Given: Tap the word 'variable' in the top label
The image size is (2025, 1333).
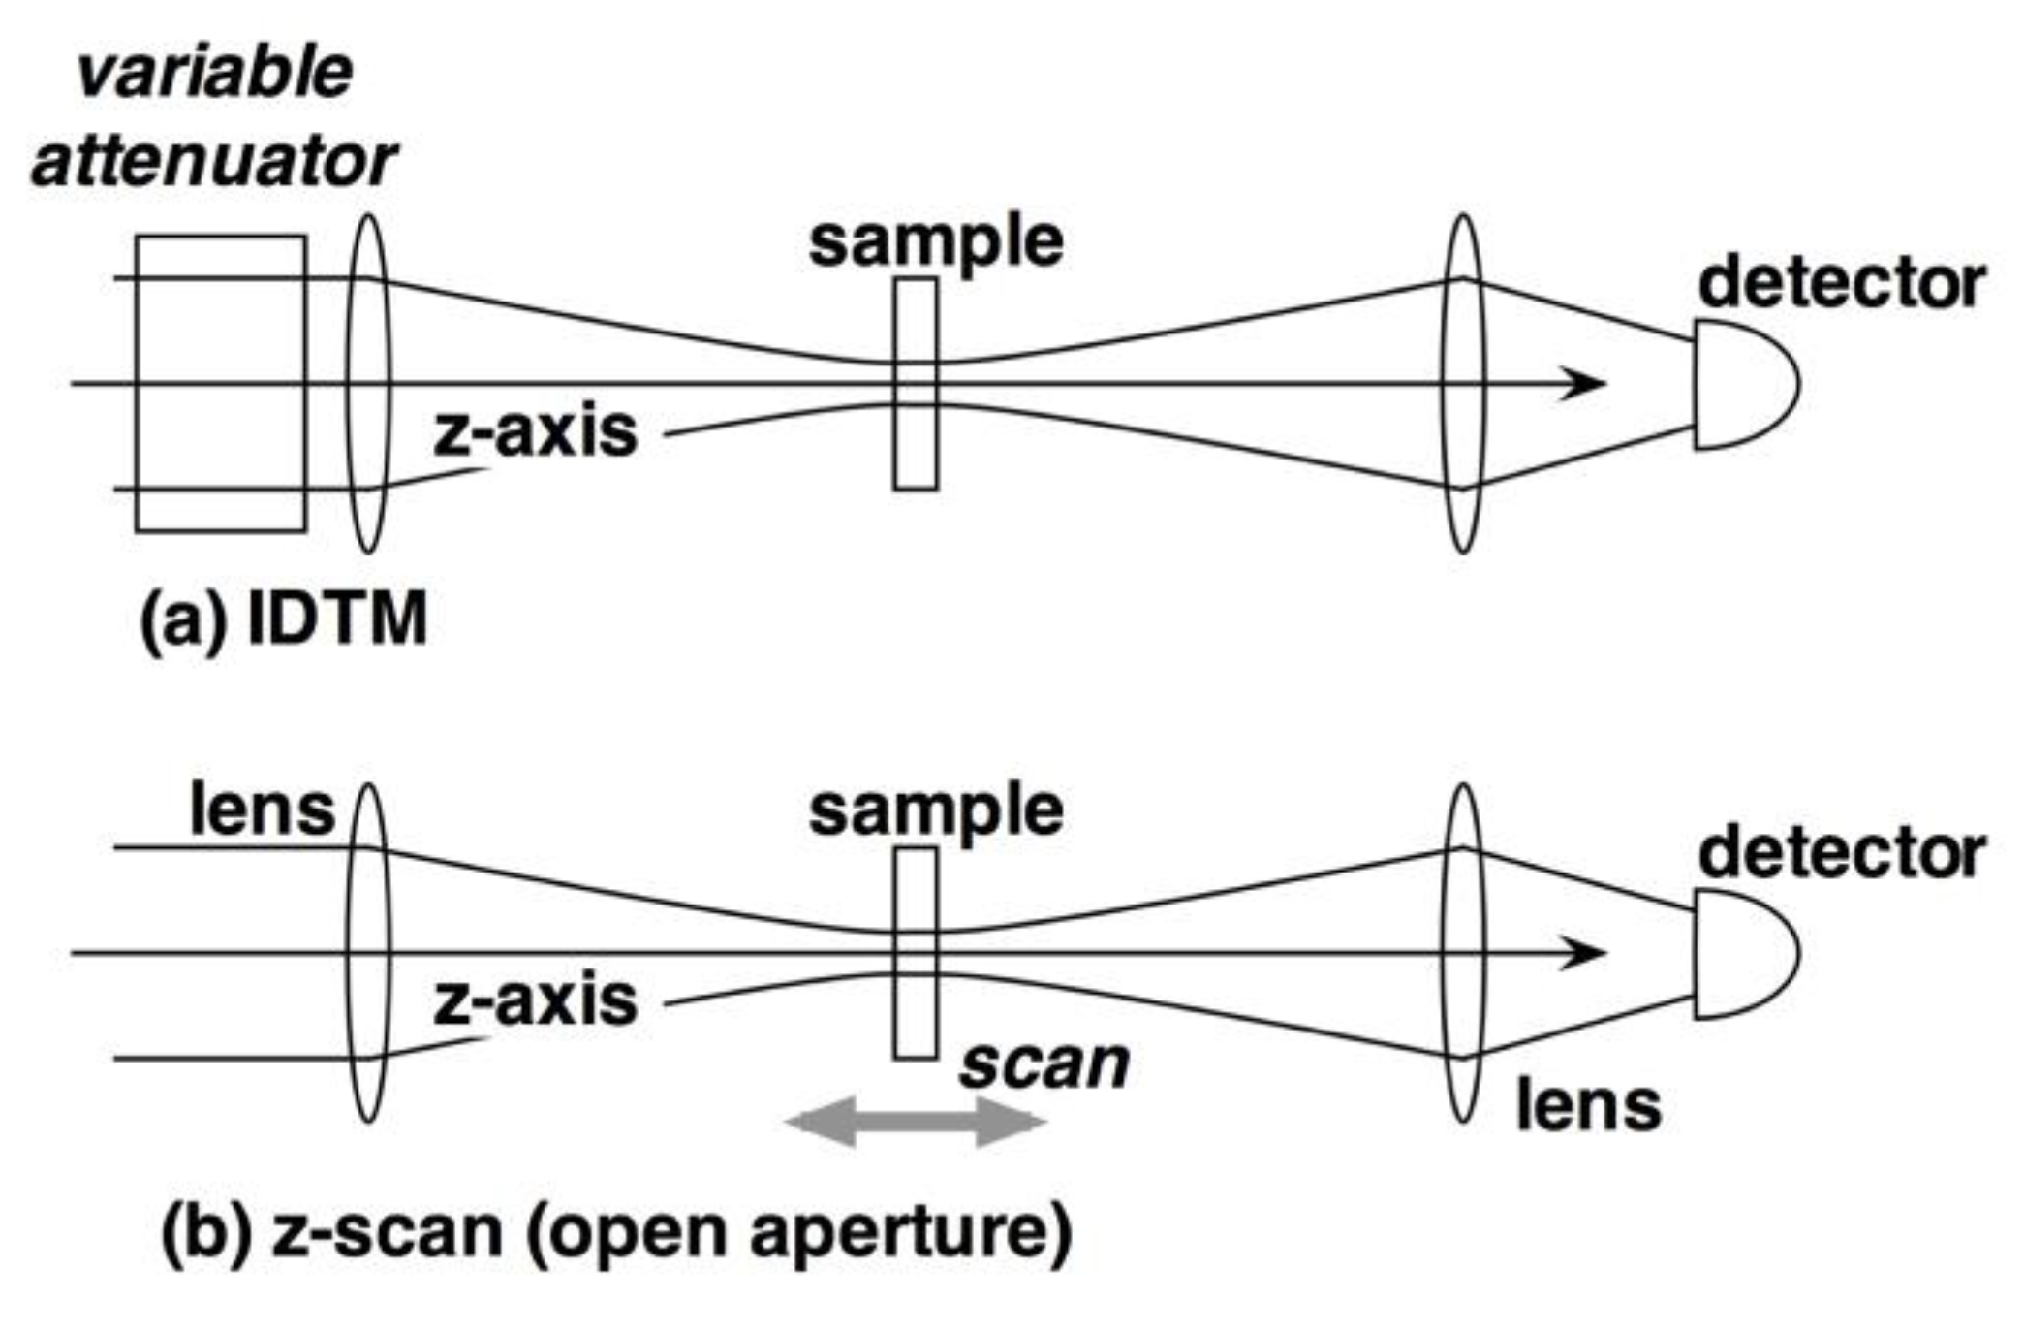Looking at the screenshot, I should pyautogui.click(x=215, y=73).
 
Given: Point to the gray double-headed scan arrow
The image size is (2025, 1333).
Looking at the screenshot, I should pyautogui.click(x=915, y=1123).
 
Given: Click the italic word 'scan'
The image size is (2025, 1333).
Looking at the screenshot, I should pyautogui.click(x=1044, y=1064).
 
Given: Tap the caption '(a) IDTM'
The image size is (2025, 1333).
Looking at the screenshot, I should pyautogui.click(x=283, y=620).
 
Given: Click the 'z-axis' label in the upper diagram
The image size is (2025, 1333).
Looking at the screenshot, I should pyautogui.click(x=535, y=432).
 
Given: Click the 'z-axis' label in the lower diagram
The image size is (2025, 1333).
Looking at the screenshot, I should pyautogui.click(x=535, y=1001).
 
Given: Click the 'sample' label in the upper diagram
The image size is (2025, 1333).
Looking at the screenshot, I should pyautogui.click(x=936, y=242).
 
